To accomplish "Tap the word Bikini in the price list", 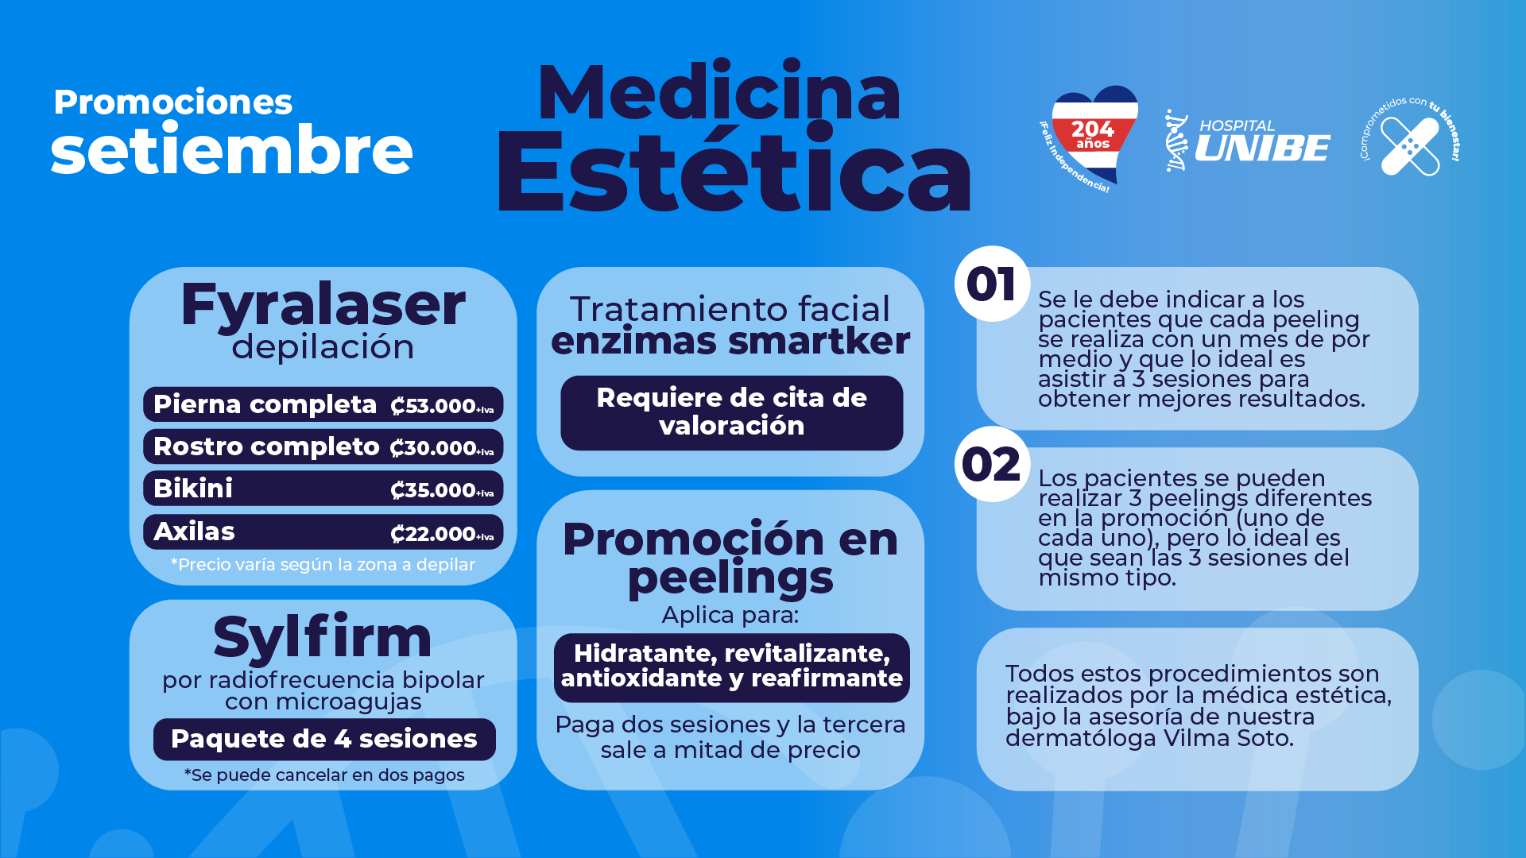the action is pyautogui.click(x=193, y=489).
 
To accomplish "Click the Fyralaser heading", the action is pyautogui.click(x=323, y=304).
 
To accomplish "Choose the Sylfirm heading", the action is pyautogui.click(x=323, y=636).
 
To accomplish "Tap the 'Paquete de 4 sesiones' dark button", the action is pyautogui.click(x=324, y=739).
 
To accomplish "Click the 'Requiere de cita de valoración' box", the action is pyautogui.click(x=731, y=412).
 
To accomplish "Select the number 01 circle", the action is pyautogui.click(x=992, y=284).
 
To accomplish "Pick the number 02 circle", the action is pyautogui.click(x=992, y=464).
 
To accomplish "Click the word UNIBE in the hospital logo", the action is pyautogui.click(x=1262, y=148).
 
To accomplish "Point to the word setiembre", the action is pyautogui.click(x=231, y=150).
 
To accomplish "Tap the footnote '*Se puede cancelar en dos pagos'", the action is pyautogui.click(x=324, y=775).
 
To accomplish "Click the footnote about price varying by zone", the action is pyautogui.click(x=323, y=565).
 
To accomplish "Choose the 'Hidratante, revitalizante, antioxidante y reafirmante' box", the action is pyautogui.click(x=732, y=667).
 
